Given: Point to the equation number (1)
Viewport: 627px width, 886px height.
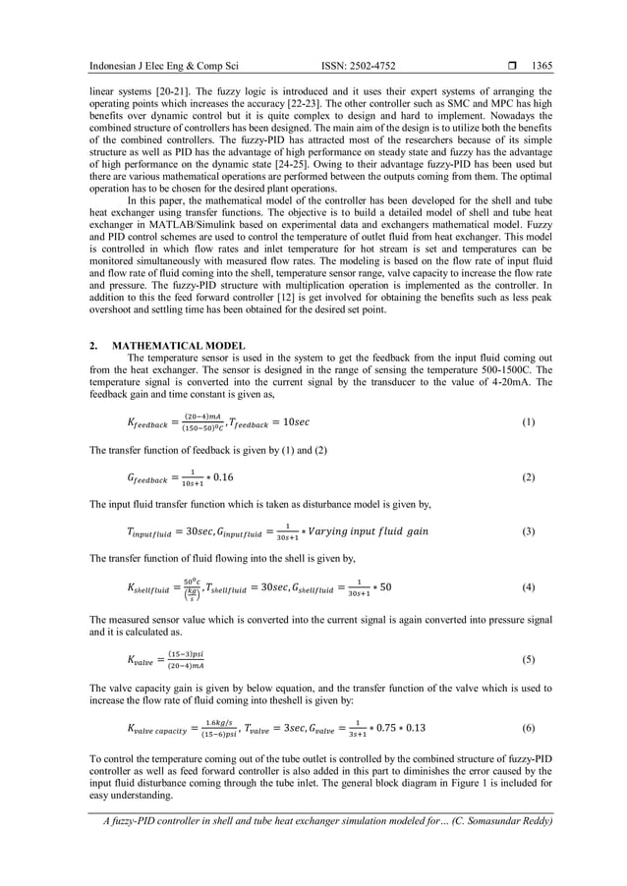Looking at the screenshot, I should tap(528, 422).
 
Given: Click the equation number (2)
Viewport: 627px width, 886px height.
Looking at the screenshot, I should tap(528, 477).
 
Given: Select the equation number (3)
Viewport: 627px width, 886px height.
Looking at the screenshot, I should tap(528, 532).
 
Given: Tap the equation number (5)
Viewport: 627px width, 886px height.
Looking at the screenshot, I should tap(528, 659).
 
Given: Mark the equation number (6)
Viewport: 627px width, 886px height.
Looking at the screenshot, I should tap(528, 729).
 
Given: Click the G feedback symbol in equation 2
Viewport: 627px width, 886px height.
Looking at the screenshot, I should tap(147, 478).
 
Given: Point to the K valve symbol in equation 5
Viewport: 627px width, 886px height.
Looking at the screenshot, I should tap(142, 660).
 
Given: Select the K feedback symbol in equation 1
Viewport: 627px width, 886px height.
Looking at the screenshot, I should tap(148, 423).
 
